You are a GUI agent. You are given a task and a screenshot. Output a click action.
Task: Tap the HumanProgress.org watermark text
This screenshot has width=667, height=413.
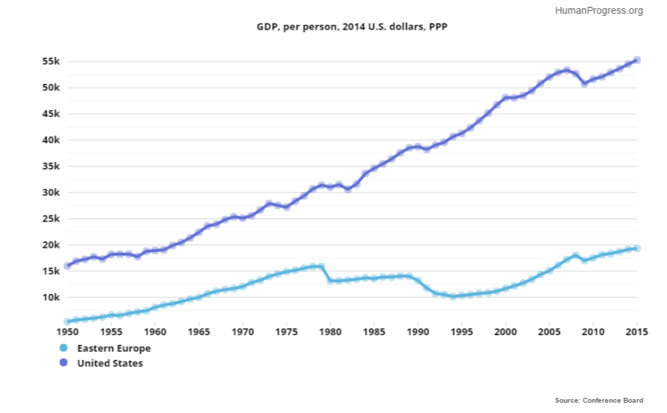point(598,10)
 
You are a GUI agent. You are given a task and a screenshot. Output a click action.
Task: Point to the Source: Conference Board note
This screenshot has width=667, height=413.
point(599,400)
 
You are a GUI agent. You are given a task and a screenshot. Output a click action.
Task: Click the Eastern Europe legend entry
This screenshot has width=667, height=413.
point(113,348)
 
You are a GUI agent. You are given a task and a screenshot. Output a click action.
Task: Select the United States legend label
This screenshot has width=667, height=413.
point(110,363)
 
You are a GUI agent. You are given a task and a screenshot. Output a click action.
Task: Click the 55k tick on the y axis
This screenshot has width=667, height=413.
point(51,61)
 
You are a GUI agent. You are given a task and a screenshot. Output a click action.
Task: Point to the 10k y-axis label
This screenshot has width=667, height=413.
point(51,297)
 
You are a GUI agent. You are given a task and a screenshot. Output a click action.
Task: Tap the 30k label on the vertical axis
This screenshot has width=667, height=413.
point(51,193)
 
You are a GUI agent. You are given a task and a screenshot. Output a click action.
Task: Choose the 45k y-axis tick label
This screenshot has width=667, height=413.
point(51,114)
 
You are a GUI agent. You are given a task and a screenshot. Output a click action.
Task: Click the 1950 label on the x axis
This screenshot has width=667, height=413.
point(67,332)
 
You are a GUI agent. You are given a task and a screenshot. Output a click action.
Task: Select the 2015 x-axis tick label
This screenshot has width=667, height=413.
point(637,332)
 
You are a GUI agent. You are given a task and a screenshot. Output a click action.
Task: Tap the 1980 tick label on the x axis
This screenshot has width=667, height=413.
point(330,332)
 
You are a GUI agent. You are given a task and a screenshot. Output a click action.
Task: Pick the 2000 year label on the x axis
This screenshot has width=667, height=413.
point(505,332)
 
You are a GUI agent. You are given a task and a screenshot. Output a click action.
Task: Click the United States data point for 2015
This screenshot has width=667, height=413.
point(637,60)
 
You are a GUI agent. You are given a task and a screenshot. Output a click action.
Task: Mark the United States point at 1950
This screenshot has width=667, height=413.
point(67,266)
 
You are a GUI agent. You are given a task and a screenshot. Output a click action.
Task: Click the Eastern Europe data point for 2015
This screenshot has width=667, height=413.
point(637,248)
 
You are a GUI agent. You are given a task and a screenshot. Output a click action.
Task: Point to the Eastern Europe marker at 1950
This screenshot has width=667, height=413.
point(67,321)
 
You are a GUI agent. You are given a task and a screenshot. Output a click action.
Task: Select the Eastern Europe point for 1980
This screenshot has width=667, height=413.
point(330,280)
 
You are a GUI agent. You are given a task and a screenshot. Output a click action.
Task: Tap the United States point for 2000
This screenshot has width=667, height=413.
point(505,98)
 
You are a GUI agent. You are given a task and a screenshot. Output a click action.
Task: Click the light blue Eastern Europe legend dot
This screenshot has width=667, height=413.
point(64,348)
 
